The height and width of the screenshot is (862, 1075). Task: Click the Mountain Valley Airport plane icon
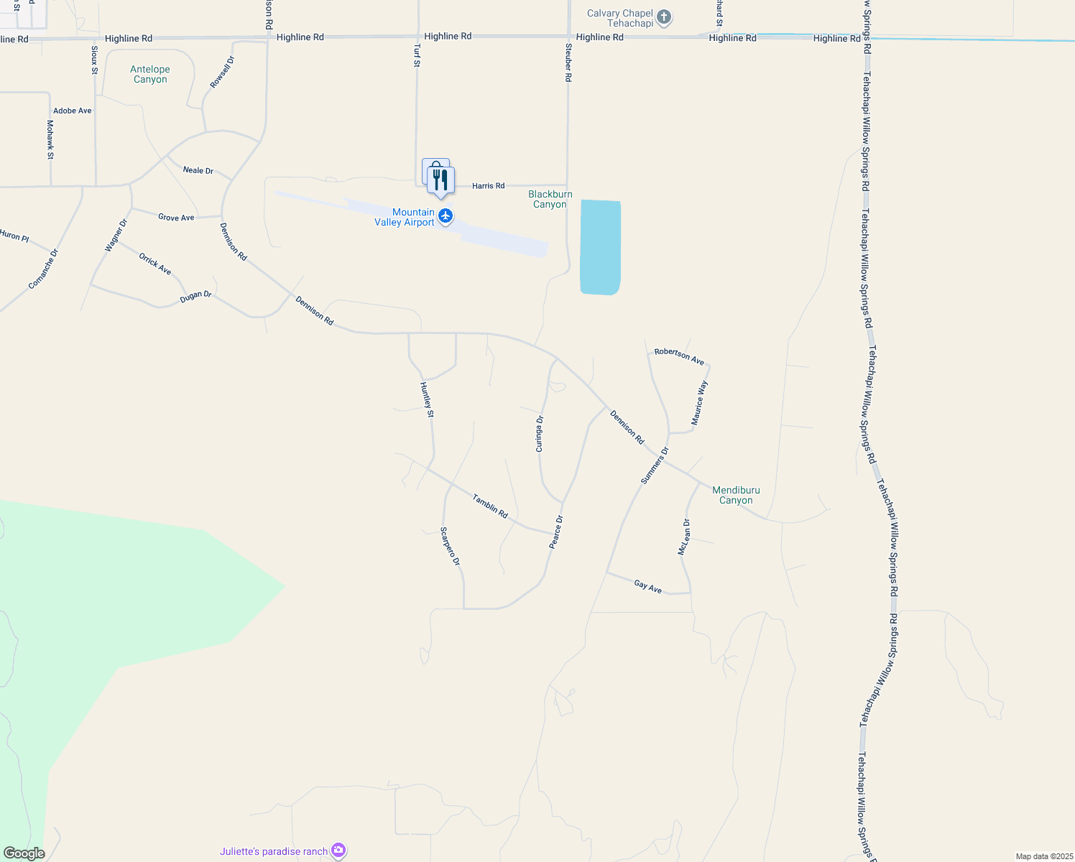[x=446, y=216]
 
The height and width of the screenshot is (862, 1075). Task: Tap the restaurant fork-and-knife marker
[x=440, y=180]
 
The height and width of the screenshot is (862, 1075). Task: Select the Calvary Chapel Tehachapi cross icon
[x=664, y=17]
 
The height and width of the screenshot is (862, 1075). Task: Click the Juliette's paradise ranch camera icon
[x=338, y=851]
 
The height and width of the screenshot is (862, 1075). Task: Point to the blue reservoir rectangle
[x=600, y=247]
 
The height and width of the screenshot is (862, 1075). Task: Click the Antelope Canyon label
[x=150, y=74]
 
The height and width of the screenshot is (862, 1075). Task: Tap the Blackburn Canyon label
[x=550, y=199]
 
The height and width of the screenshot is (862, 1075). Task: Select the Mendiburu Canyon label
[x=736, y=495]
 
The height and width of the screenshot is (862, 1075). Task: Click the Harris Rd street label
[x=488, y=186]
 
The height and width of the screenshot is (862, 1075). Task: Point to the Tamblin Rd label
[x=490, y=506]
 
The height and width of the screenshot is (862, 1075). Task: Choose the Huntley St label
[x=427, y=399]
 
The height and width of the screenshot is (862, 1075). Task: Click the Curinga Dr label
[x=540, y=434]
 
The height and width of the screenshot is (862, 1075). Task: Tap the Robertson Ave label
[x=679, y=356]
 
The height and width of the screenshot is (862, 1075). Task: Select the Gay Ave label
[x=647, y=587]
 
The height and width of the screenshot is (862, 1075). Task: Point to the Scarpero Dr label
[x=450, y=546]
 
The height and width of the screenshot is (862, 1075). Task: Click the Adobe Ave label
[x=73, y=111]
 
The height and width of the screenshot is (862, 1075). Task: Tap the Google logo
[x=24, y=853]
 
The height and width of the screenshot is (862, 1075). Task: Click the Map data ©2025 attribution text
[x=1043, y=856]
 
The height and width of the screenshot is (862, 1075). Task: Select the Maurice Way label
[x=699, y=403]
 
